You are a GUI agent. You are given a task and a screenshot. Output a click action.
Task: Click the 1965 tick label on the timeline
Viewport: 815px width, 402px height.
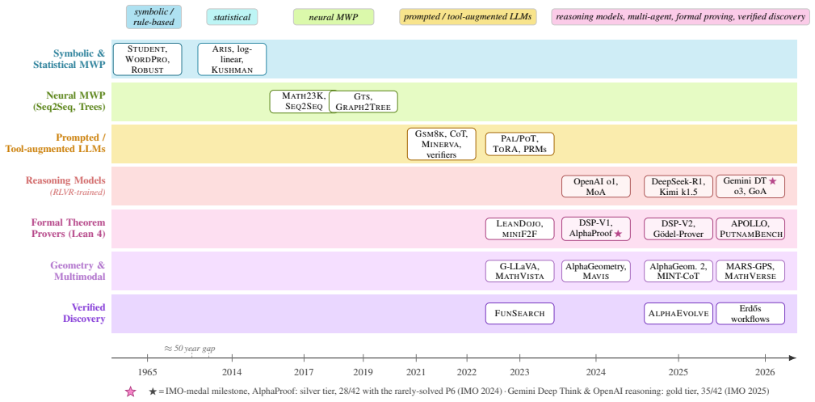(x=148, y=372)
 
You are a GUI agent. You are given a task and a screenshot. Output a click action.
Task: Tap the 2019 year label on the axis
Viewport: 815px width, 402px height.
(x=363, y=372)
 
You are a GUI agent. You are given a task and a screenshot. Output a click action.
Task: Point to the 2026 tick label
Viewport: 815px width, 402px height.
(x=765, y=372)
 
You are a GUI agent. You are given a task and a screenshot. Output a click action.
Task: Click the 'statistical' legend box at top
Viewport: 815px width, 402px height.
(x=232, y=17)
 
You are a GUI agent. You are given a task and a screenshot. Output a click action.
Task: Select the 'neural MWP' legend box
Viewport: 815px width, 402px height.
(x=333, y=17)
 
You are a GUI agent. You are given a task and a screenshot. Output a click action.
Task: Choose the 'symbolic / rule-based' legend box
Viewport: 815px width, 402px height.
(x=153, y=17)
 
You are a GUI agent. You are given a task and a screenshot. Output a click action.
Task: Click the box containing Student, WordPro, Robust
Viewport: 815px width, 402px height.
(x=148, y=59)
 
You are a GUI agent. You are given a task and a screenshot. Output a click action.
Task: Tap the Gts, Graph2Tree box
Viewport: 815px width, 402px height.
(x=363, y=102)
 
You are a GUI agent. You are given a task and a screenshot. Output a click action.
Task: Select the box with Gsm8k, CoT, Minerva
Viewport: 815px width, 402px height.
(x=442, y=144)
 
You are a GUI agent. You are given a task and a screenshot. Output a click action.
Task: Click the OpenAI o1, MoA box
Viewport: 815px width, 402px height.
(x=595, y=186)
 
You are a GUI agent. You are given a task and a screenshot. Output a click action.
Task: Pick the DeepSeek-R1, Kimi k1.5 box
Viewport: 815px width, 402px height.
(x=678, y=186)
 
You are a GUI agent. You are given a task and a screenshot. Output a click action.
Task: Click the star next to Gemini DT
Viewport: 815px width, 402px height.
(x=772, y=181)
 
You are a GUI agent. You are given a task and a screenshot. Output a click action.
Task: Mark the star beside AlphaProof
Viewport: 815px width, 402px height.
(x=618, y=235)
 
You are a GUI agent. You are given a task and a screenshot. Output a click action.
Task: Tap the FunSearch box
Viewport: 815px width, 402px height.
(x=519, y=314)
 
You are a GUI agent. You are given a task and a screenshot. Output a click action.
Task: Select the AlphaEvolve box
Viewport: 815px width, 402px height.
(x=678, y=314)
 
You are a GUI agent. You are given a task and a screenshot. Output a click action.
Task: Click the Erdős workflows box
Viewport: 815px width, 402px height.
(x=750, y=314)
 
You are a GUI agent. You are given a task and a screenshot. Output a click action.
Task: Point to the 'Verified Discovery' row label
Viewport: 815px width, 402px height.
(x=84, y=313)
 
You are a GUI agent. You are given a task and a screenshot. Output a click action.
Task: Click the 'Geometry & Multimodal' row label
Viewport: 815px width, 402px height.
(x=78, y=271)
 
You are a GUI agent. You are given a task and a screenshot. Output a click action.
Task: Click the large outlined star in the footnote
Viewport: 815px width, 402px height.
(x=131, y=391)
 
